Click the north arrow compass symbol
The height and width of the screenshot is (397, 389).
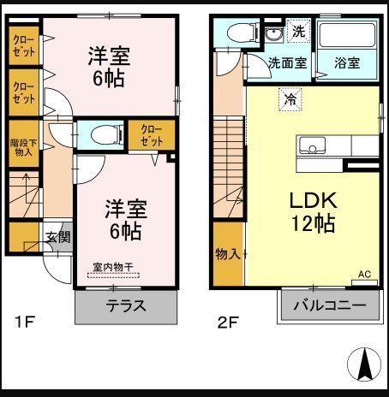point(364,364)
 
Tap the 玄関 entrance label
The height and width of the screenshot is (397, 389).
point(58,237)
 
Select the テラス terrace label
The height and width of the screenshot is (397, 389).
point(126,306)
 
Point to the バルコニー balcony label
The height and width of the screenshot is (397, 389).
point(330,305)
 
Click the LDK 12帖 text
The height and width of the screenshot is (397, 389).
point(313,211)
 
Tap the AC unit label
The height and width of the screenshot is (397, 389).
point(364,275)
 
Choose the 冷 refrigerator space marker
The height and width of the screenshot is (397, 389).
point(290,99)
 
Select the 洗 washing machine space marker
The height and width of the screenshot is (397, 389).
point(299,31)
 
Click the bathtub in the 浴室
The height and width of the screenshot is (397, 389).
point(347,35)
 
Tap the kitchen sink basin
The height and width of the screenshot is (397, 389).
point(312,145)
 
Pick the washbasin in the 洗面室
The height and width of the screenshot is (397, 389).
point(274,35)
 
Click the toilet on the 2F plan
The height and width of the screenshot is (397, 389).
point(243,33)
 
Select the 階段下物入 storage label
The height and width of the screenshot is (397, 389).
point(23,147)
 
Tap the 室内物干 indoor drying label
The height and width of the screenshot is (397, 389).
point(113,267)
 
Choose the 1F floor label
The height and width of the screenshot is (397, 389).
point(24,322)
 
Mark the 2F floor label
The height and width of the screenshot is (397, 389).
point(228,323)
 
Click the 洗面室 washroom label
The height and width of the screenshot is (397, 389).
point(288,62)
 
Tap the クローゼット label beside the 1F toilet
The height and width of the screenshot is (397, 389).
point(152,135)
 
